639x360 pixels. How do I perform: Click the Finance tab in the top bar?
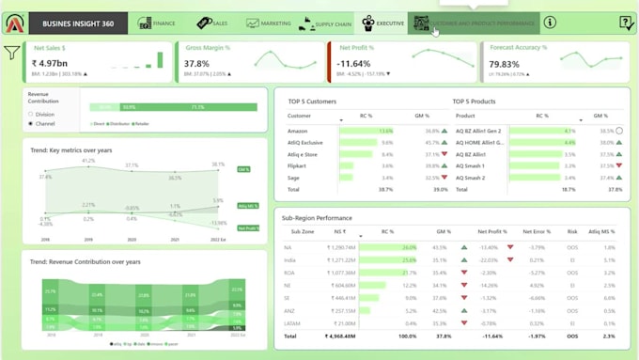coord(157,23)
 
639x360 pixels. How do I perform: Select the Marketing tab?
coord(269,23)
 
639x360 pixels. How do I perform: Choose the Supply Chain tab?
coord(325,23)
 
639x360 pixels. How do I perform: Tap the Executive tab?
coord(382,23)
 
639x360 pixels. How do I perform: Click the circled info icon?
coord(550,23)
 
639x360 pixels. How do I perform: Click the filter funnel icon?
coord(11,53)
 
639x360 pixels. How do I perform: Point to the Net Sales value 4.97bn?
coord(59,64)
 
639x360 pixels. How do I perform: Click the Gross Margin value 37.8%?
coord(197,64)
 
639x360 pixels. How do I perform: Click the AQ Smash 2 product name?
coord(471,177)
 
